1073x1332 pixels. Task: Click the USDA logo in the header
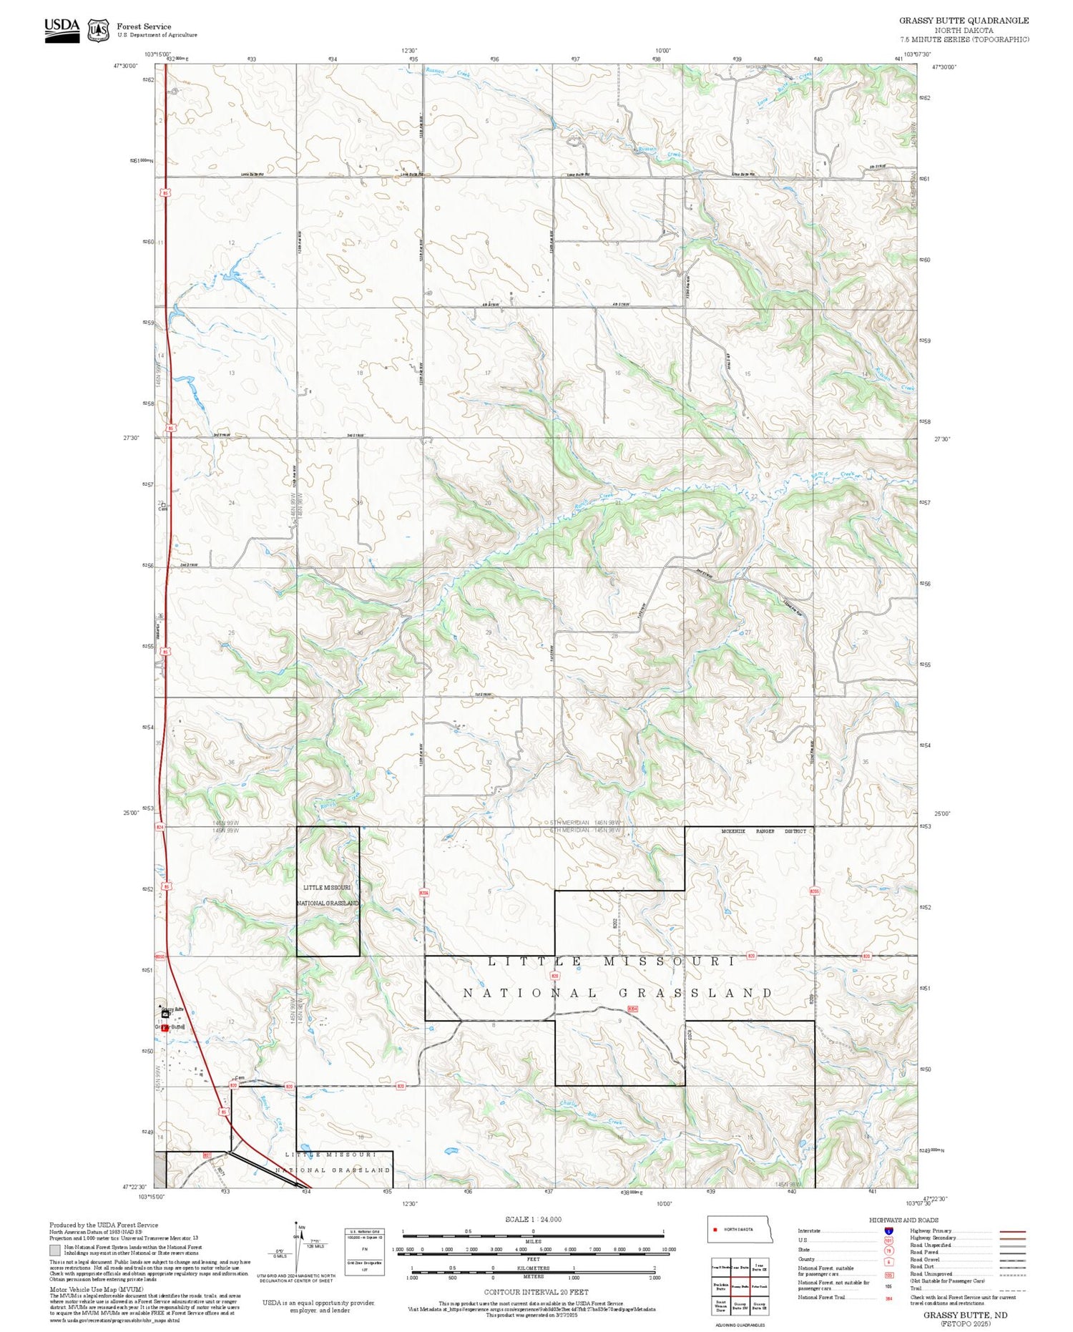point(62,28)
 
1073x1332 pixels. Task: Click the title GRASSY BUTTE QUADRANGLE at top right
point(964,21)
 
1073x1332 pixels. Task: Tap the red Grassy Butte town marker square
point(165,1028)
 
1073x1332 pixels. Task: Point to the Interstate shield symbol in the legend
point(888,1230)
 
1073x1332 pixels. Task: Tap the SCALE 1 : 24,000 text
point(533,1220)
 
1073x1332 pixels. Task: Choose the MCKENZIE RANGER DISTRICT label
point(764,831)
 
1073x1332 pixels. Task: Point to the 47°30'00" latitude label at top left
point(124,66)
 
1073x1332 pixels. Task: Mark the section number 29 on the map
point(489,632)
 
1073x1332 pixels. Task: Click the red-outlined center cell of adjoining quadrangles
point(740,1286)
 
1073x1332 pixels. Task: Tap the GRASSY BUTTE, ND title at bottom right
point(965,1315)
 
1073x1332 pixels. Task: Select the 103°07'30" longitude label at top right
point(917,54)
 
